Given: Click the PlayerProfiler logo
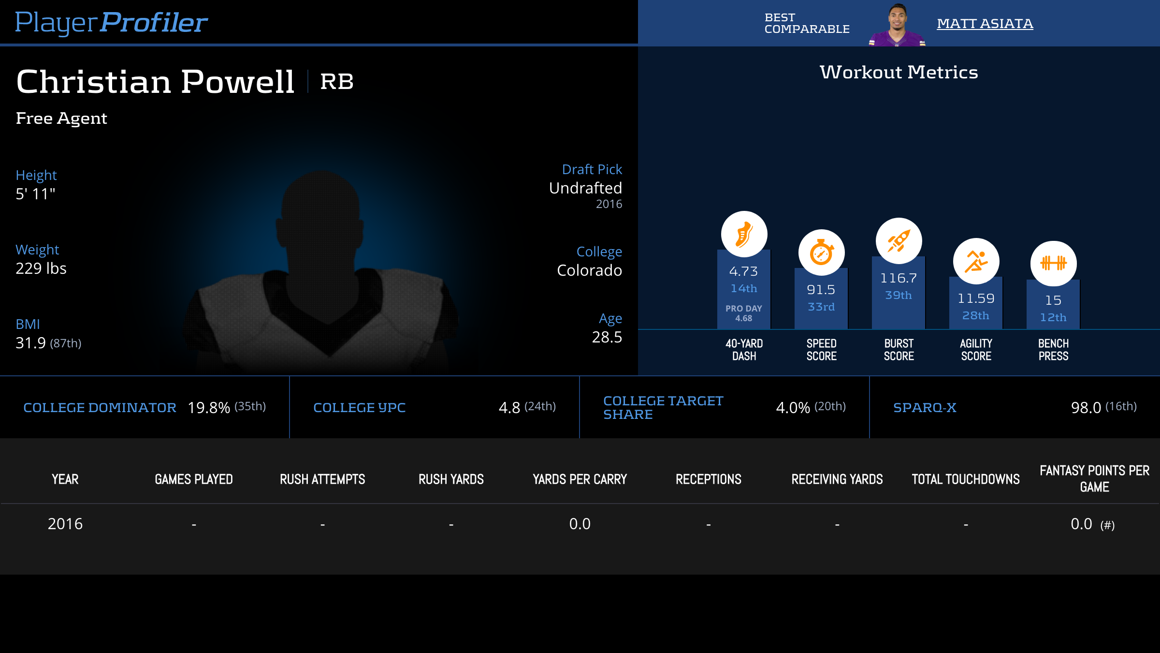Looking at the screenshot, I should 111,23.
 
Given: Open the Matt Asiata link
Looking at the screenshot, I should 985,24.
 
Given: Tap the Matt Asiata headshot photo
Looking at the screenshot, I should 897,26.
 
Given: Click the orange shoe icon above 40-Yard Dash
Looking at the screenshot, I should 744,234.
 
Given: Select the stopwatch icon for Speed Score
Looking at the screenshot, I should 821,252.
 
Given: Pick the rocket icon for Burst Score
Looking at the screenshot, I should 899,241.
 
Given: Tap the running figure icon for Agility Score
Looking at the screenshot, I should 976,261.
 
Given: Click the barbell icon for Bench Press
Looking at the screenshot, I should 1053,264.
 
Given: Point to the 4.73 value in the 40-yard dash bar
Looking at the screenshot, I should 743,271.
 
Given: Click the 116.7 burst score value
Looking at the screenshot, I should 898,278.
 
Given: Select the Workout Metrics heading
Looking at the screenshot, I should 899,73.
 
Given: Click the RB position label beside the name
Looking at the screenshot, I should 337,82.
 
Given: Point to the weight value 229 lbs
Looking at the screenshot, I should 41,268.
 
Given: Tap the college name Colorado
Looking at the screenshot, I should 589,270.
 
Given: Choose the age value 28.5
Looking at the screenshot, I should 607,337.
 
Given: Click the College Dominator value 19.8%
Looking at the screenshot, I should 209,408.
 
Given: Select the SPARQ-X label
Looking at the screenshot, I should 925,408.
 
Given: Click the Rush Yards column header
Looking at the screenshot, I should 451,479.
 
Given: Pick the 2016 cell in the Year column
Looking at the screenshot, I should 65,524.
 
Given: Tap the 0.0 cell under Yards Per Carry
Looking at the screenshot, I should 580,524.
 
